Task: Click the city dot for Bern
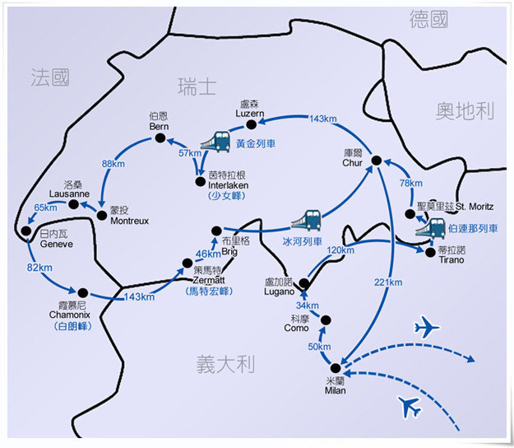click(160, 139)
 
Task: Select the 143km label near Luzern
click(322, 119)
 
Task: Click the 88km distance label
click(113, 164)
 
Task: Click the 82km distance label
click(39, 268)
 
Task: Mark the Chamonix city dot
click(82, 292)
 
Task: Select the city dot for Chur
click(375, 161)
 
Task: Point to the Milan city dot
click(336, 368)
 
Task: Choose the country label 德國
click(428, 20)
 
